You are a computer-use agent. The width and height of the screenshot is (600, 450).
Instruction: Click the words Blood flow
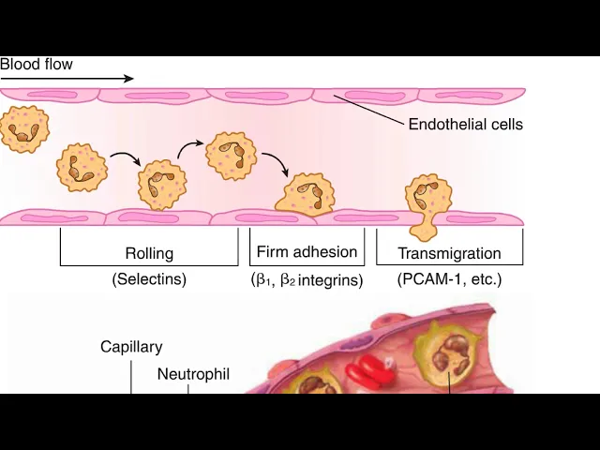36,65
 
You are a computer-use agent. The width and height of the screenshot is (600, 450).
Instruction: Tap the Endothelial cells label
465,124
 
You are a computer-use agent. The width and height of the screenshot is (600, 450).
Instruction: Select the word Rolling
149,253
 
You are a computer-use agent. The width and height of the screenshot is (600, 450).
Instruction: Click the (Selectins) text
149,278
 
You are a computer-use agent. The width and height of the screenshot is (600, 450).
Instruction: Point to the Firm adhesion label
307,251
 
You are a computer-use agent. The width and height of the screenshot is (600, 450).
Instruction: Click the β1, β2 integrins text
307,279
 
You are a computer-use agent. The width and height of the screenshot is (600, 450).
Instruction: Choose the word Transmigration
449,253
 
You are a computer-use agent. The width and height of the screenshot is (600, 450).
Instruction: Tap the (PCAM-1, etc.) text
449,278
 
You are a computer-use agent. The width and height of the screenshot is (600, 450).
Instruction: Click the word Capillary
131,347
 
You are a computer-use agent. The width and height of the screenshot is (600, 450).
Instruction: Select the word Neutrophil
193,374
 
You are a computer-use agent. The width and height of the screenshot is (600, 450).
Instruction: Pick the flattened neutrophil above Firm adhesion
306,196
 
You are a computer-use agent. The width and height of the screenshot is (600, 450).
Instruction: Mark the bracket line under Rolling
149,264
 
